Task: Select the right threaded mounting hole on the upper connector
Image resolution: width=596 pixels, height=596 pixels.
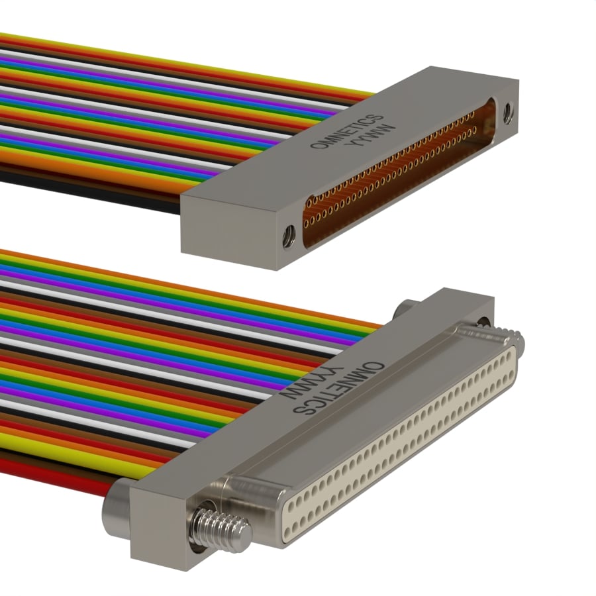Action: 508,113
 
